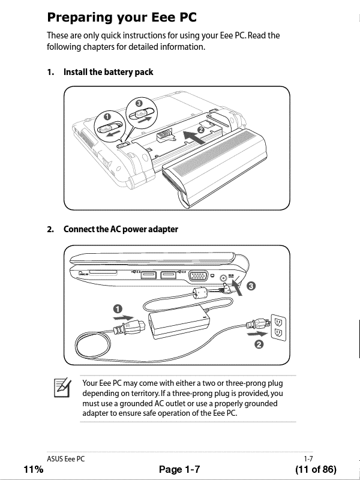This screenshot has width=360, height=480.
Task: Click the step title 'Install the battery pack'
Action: (x=108, y=72)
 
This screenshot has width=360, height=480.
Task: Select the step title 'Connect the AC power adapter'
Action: (x=121, y=229)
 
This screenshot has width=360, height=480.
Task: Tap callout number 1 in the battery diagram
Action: (x=107, y=116)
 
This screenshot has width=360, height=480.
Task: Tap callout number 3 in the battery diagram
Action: (x=139, y=104)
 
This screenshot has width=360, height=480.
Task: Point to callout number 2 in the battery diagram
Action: (x=200, y=130)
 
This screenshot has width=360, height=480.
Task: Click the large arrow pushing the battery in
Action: (x=192, y=136)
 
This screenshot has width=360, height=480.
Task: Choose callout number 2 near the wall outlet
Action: (x=259, y=344)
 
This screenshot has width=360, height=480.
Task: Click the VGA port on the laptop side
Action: (x=199, y=277)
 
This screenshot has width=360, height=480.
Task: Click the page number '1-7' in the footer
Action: (x=308, y=458)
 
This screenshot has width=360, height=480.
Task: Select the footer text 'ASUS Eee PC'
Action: (x=66, y=458)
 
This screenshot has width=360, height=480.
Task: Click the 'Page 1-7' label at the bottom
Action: (x=179, y=469)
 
